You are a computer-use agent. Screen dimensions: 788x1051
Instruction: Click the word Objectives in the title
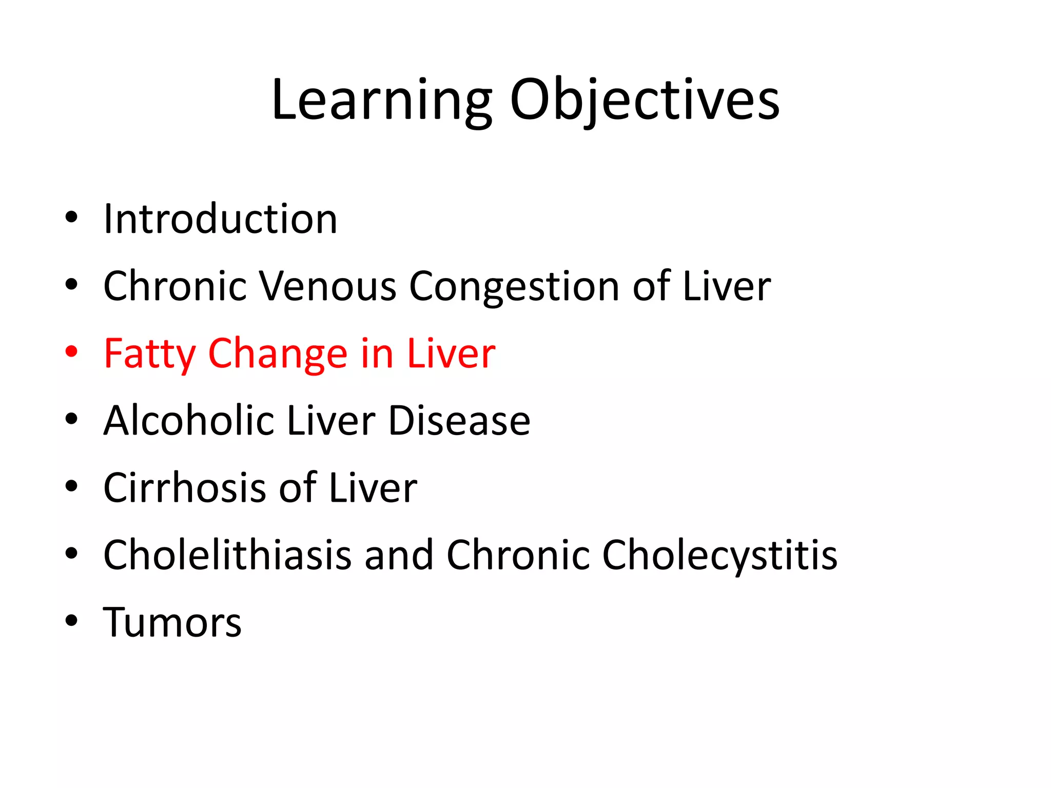tap(645, 100)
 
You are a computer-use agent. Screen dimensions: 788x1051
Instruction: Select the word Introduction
tap(220, 219)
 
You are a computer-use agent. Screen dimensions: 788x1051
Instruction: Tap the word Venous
tap(328, 286)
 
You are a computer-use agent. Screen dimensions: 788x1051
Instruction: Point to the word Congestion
tap(514, 286)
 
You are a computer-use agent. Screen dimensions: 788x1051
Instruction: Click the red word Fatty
tap(149, 353)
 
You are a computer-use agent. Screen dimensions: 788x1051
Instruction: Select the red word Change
tap(278, 353)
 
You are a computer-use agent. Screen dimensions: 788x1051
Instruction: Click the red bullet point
tap(71, 352)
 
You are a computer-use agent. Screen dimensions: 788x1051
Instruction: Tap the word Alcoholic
tap(188, 421)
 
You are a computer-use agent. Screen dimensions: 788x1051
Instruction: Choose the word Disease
tap(459, 421)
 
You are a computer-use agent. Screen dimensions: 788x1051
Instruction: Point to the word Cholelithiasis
tap(227, 555)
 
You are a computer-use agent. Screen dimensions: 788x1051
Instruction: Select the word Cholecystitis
tap(719, 555)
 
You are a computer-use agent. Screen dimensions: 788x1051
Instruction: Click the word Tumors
tap(172, 622)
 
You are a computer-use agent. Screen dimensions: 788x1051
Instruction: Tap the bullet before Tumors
tap(71, 621)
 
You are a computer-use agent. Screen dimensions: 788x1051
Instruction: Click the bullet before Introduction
tap(71, 218)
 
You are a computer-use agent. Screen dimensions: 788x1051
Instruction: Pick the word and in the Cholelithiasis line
tap(399, 555)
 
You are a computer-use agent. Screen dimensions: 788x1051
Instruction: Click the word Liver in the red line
tap(451, 353)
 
